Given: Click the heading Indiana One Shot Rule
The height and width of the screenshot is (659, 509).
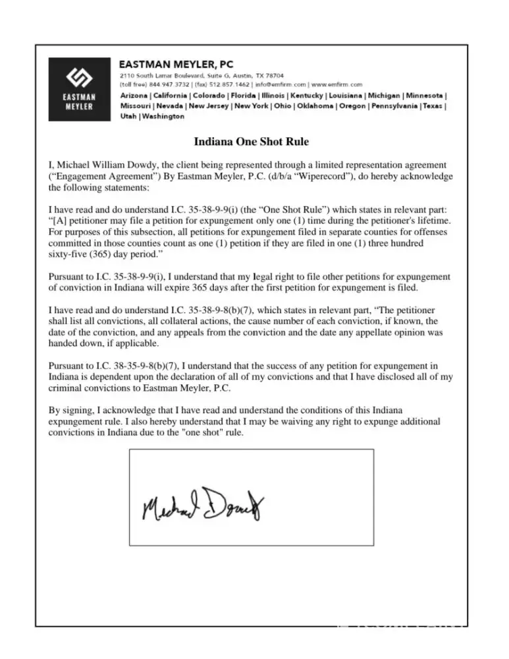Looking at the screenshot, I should point(251,142).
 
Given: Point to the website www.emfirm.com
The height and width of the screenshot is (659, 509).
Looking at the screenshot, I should point(337,85).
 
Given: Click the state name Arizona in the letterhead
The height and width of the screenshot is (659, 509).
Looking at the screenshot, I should point(134,96).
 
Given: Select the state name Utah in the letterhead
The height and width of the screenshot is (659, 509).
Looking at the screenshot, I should point(128,117).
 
